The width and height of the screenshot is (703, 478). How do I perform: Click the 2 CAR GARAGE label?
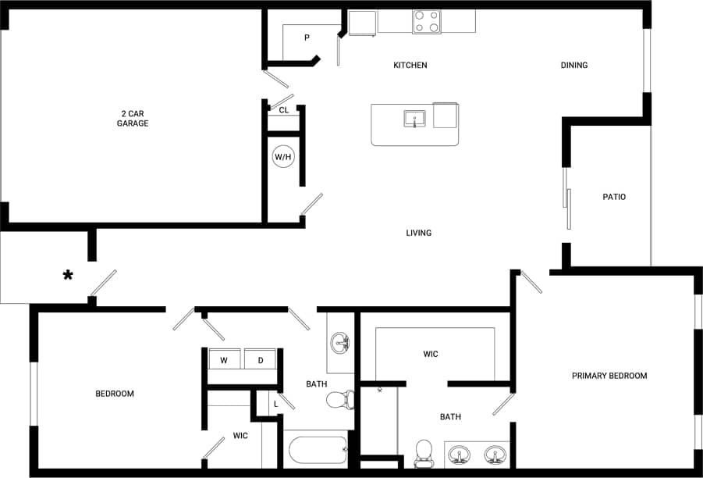133,118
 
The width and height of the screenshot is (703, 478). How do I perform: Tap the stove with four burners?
426,22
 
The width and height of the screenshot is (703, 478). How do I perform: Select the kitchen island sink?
414,119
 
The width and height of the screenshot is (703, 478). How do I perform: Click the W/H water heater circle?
282,157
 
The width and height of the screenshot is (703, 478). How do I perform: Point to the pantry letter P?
307,37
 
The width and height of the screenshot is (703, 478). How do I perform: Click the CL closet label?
284,110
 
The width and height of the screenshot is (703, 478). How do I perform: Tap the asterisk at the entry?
69,275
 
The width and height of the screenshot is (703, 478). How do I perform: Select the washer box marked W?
224,360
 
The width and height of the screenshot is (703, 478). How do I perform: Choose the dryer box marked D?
261,360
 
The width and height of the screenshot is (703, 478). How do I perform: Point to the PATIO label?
614,197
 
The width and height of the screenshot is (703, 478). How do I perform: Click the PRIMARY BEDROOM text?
609,376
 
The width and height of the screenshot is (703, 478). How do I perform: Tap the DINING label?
573,65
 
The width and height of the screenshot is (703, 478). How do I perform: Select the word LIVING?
418,233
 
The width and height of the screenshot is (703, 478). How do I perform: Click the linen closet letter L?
276,404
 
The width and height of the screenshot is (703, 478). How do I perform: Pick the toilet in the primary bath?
424,451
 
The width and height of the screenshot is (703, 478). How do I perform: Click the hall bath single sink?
340,342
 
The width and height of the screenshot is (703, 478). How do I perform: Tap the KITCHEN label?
410,65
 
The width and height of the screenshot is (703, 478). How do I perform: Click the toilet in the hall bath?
337,401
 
